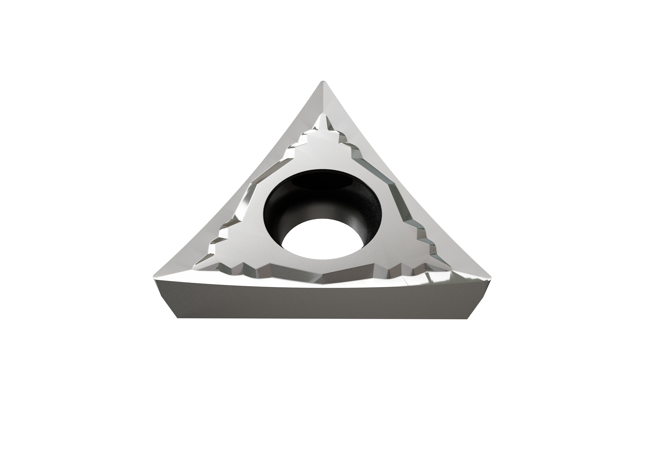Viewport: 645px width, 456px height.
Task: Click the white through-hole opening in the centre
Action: tap(321, 241)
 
